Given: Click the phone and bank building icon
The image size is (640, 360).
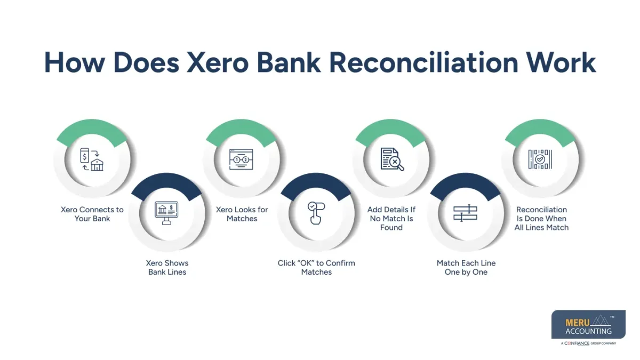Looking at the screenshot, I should coord(92,159).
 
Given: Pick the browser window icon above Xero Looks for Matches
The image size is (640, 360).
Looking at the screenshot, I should coord(241,159).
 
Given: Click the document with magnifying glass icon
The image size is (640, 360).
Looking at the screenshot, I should coord(391,159).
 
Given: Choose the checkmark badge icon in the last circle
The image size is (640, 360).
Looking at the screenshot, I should coord(540,159).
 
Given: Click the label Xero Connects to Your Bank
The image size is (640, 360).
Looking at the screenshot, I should coord(92,214).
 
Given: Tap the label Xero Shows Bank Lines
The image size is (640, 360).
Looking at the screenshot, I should coord(167,267).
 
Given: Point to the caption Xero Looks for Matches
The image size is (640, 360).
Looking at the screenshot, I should coord(242,214).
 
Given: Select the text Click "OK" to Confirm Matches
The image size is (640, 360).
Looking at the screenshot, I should coord(316,267).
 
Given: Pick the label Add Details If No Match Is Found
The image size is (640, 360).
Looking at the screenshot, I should coord(391,218).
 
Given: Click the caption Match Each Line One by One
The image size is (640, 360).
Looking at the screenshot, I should coord(466,267).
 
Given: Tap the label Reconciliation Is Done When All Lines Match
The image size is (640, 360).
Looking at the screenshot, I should coord(541,218).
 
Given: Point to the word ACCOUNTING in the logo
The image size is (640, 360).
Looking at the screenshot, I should coord(588,331).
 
